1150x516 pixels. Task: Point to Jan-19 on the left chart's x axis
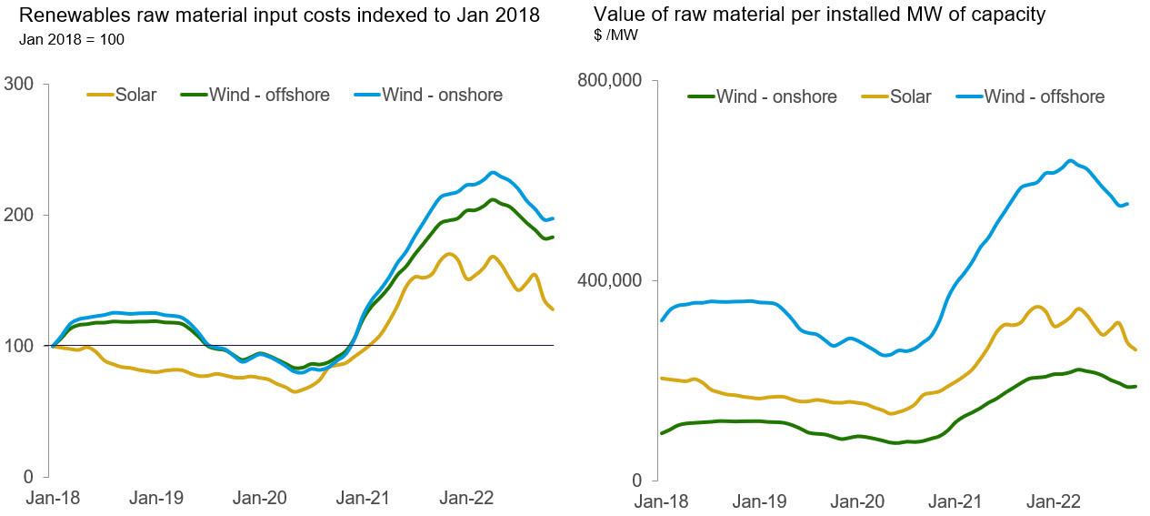(x=156, y=498)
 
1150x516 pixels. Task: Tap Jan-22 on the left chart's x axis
(x=466, y=498)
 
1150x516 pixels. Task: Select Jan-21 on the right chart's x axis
(x=955, y=501)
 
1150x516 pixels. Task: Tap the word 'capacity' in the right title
(x=1011, y=15)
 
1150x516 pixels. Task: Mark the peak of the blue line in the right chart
(x=1071, y=161)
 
